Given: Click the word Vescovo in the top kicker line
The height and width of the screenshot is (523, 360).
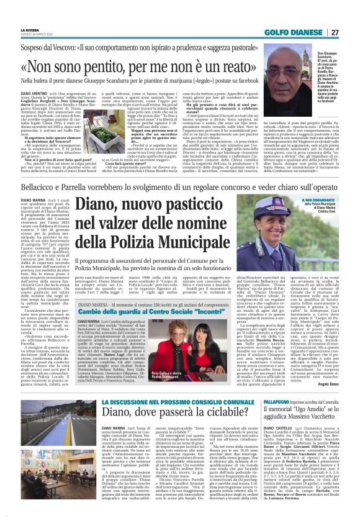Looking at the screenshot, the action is click(x=78, y=47).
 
